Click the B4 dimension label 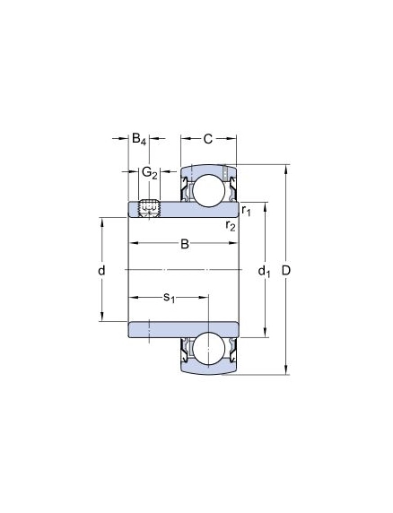pyautogui.click(x=139, y=139)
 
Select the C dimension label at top pyautogui.click(x=208, y=139)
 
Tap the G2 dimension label pyautogui.click(x=150, y=173)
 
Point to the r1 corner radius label pyautogui.click(x=246, y=211)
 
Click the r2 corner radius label pyautogui.click(x=231, y=225)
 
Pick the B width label pyautogui.click(x=185, y=244)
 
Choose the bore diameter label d pyautogui.click(x=101, y=271)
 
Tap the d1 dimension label pyautogui.click(x=264, y=272)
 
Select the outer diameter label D pyautogui.click(x=286, y=271)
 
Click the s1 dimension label pyautogui.click(x=170, y=298)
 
